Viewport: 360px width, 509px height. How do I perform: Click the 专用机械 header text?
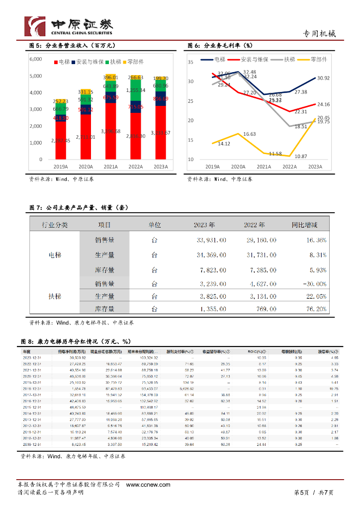319,34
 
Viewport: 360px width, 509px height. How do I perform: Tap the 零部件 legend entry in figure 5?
132,62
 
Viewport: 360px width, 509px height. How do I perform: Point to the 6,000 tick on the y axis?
36,59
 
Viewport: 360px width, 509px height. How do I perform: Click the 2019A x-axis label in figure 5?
61,167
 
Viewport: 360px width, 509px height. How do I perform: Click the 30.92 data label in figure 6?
324,78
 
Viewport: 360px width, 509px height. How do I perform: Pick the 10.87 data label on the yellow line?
300,156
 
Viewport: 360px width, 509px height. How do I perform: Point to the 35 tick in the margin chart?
190,62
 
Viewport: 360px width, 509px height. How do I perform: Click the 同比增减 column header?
304,225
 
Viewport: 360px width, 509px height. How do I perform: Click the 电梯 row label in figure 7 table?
55,255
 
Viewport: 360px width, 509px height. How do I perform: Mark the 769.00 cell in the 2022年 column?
265,309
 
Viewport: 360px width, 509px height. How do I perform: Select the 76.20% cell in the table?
316,309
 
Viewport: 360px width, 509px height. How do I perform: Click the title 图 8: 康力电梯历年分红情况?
75,341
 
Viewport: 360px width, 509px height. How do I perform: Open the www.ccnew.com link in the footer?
148,485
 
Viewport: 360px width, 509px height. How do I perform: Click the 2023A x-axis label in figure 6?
315,167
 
